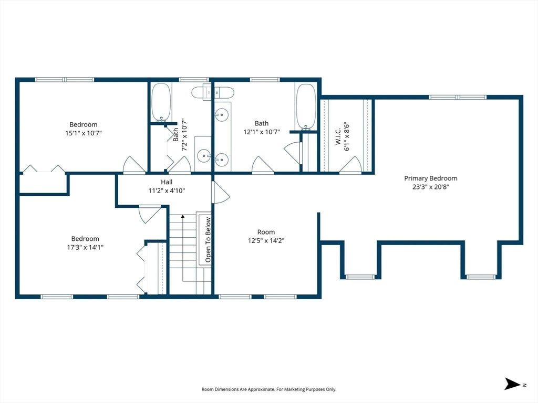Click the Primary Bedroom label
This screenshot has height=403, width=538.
click(x=431, y=178)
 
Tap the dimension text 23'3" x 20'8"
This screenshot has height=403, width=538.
click(x=431, y=187)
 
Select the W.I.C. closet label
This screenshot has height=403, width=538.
click(x=338, y=136)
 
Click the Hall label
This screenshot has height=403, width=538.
click(x=167, y=182)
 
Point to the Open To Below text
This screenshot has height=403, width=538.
click(x=208, y=239)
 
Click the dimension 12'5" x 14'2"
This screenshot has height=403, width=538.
click(x=266, y=240)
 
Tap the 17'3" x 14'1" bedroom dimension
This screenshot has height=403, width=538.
click(x=86, y=247)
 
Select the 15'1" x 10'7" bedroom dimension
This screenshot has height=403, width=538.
click(x=84, y=133)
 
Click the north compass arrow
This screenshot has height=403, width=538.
click(x=513, y=384)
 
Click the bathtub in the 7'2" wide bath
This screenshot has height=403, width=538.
click(x=161, y=102)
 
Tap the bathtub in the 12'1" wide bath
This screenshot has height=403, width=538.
click(x=306, y=107)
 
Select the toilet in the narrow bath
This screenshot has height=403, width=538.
click(x=213, y=92)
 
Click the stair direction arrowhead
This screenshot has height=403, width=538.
click(x=183, y=217)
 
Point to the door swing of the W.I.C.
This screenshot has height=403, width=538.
click(x=350, y=164)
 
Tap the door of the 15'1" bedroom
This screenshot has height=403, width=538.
click(x=134, y=164)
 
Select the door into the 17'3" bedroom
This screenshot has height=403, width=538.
click(x=150, y=214)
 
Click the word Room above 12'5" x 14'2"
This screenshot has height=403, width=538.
click(x=266, y=232)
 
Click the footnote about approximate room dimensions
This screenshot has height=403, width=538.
click(x=269, y=389)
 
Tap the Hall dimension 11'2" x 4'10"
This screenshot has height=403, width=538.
click(x=167, y=190)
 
